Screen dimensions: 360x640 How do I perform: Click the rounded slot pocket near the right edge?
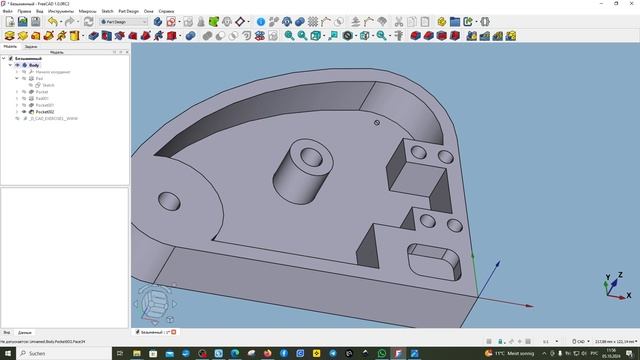click(x=433, y=262)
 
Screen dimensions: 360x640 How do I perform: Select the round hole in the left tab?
click(x=167, y=200)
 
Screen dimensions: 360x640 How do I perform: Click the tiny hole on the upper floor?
click(x=377, y=123)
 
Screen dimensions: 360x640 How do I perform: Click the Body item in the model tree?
click(x=34, y=65)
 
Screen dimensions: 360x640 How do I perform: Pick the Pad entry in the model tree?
click(x=39, y=79)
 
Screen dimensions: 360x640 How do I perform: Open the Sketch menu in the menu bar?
click(x=107, y=11)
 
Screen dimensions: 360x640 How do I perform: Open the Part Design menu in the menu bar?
click(x=128, y=11)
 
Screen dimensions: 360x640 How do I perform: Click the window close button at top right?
click(x=632, y=4)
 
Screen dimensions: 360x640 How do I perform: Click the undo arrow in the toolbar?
click(x=52, y=21)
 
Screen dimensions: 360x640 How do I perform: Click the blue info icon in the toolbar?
click(x=260, y=21)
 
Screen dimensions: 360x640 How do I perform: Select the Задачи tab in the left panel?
click(x=31, y=46)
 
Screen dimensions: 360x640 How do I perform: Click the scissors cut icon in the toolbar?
click(x=398, y=21)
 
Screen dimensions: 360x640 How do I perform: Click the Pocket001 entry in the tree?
click(x=44, y=105)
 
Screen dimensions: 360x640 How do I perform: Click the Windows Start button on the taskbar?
click(x=7, y=353)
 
